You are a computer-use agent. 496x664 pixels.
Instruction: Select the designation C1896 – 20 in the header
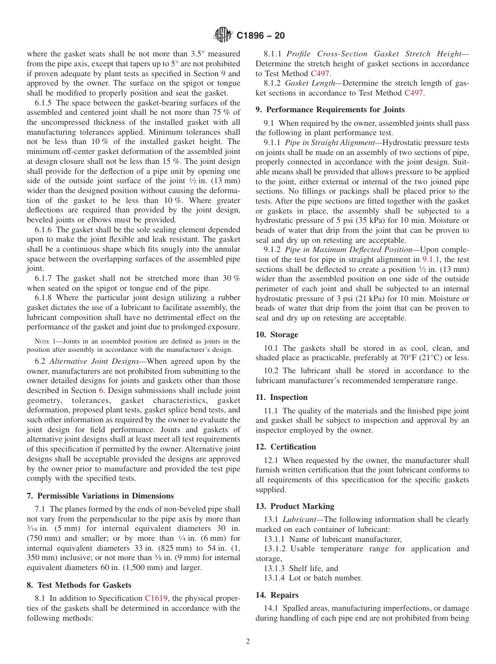tap(261, 36)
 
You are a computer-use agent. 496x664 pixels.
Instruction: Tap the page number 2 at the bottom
tap(248, 642)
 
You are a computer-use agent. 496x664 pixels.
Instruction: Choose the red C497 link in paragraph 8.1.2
tap(414, 93)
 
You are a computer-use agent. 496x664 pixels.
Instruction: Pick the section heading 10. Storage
tap(277, 335)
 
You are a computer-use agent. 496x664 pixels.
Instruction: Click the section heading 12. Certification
tap(286, 447)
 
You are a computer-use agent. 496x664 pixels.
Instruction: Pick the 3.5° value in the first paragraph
tap(197, 54)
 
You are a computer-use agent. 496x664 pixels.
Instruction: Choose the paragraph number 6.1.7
tap(44, 278)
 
